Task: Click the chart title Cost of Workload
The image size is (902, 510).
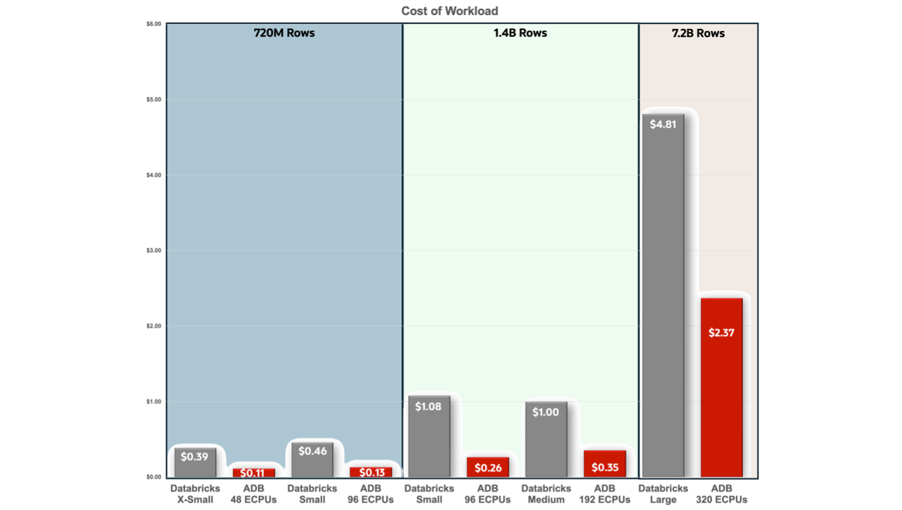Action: [x=450, y=11]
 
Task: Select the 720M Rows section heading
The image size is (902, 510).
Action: [x=284, y=33]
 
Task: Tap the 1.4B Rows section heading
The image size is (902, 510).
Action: [x=520, y=33]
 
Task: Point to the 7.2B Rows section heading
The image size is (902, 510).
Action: [x=698, y=33]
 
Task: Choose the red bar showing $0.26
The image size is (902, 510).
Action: [x=488, y=467]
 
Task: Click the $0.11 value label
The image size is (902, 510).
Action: [x=253, y=473]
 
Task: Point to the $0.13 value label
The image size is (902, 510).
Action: [x=370, y=472]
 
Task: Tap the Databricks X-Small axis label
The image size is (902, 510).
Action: [x=195, y=494]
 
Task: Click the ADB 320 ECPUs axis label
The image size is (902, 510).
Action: [x=721, y=494]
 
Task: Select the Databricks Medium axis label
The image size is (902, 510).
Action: [x=546, y=494]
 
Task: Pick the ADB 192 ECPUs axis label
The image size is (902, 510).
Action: [x=604, y=494]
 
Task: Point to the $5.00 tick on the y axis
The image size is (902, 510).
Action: [x=153, y=100]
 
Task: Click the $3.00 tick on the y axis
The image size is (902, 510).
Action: [x=153, y=250]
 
